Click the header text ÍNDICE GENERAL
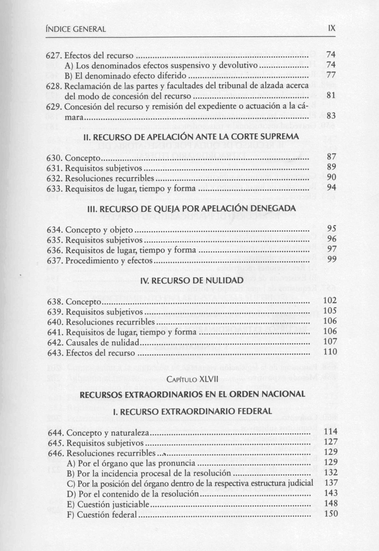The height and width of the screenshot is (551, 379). [x=76, y=29]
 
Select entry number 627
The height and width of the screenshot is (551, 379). [x=55, y=56]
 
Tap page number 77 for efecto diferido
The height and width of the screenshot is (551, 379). [x=331, y=76]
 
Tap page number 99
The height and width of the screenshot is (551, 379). [x=332, y=260]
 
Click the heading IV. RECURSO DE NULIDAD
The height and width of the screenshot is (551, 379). [x=190, y=279]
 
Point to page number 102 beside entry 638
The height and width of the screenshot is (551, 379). [x=330, y=301]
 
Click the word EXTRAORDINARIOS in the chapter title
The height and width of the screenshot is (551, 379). [x=147, y=394]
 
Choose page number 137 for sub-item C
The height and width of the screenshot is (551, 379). [x=331, y=483]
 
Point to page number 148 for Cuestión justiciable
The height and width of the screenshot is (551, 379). [x=331, y=504]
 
